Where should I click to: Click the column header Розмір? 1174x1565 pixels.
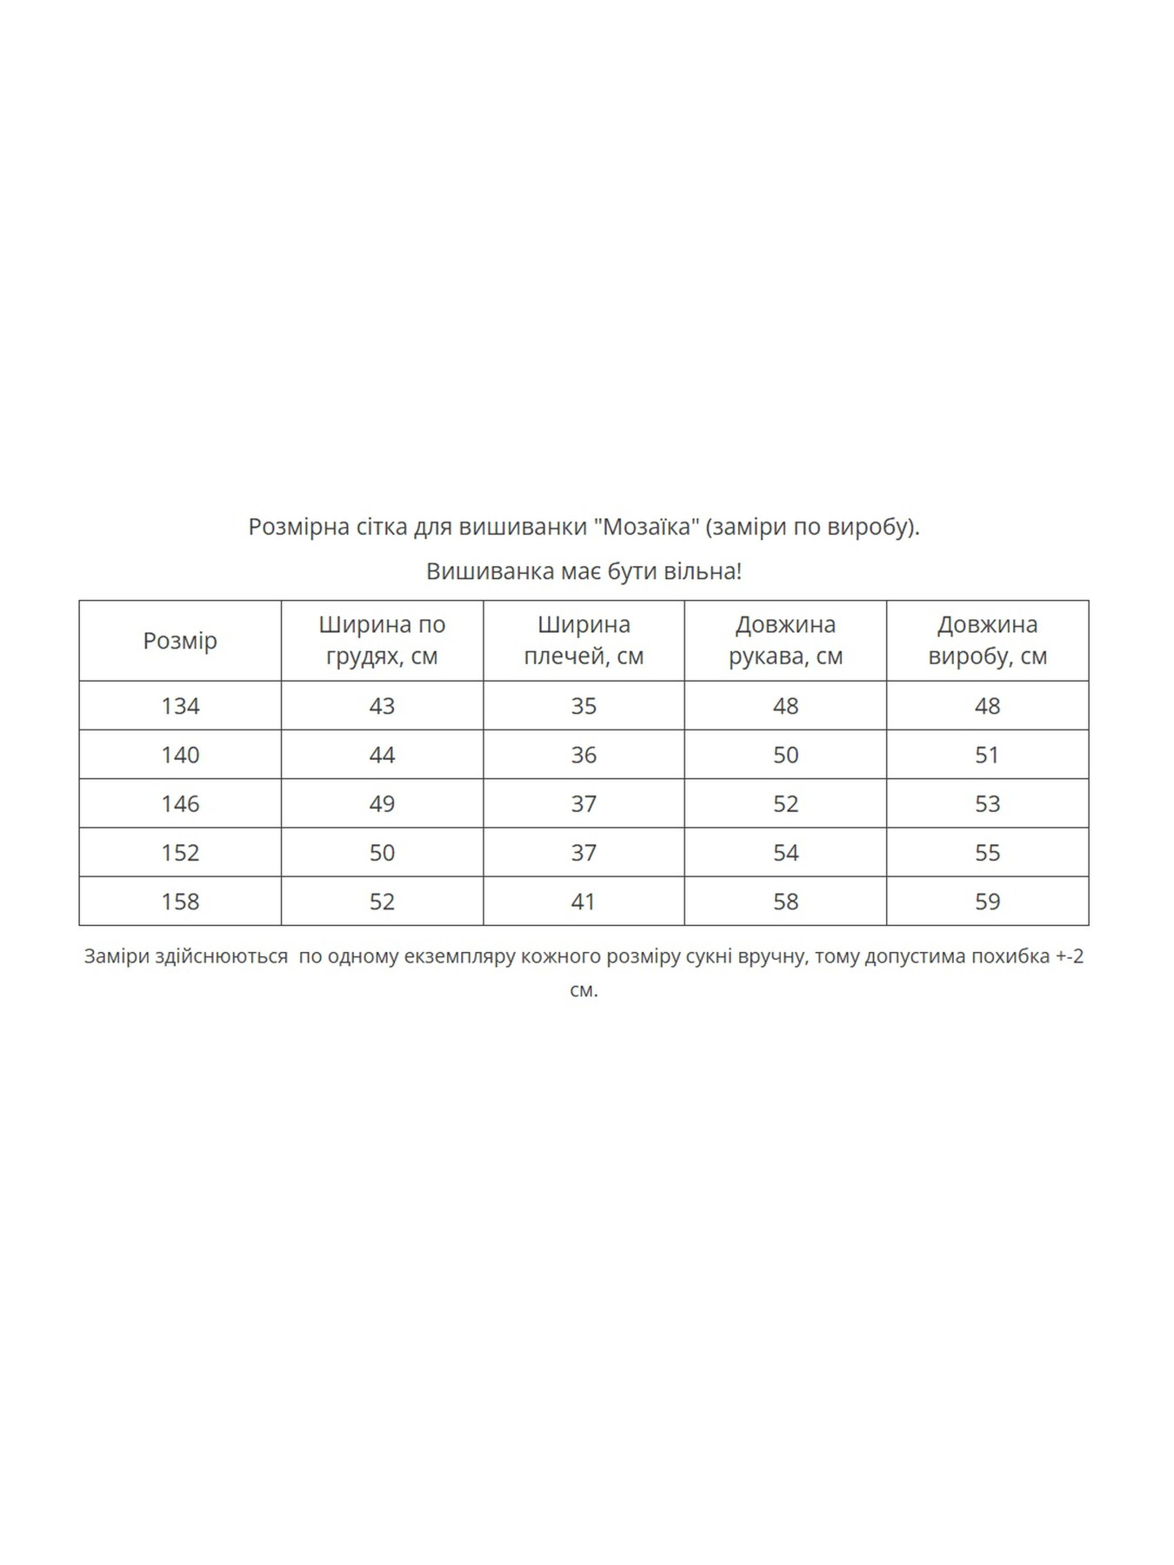(180, 641)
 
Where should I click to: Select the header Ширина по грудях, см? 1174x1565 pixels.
(382, 640)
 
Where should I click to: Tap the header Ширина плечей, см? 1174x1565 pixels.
(584, 640)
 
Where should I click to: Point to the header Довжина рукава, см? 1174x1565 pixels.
(785, 640)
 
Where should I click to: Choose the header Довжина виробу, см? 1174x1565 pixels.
(987, 640)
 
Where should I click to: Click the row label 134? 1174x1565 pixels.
(180, 706)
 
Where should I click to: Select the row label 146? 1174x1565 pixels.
(180, 803)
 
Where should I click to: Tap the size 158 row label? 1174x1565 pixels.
(180, 902)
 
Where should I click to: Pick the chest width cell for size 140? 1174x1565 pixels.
(382, 755)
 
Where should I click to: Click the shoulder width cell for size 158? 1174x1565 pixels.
(584, 902)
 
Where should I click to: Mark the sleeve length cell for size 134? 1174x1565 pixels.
(785, 706)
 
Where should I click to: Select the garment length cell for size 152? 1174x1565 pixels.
(987, 853)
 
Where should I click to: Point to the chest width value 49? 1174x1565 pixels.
(382, 803)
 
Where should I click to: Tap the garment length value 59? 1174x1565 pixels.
(987, 902)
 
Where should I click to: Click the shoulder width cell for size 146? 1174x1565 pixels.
(584, 803)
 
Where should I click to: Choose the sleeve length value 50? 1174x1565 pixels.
(785, 755)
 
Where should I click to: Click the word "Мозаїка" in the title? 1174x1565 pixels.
(647, 527)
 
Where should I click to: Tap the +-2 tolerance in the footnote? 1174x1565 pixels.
(1070, 956)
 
